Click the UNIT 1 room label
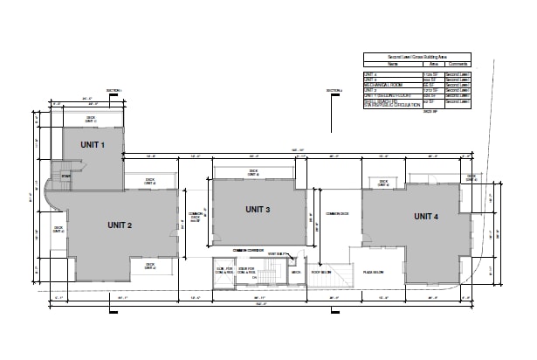[x=93, y=144]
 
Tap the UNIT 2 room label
[x=120, y=225]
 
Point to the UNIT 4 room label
[x=426, y=216]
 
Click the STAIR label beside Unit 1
[x=65, y=175]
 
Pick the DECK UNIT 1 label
[x=90, y=118]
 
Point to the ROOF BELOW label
[x=321, y=271]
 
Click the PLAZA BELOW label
[x=375, y=272]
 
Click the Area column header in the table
[x=431, y=64]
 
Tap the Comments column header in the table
[x=458, y=64]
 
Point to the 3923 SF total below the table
[x=430, y=113]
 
